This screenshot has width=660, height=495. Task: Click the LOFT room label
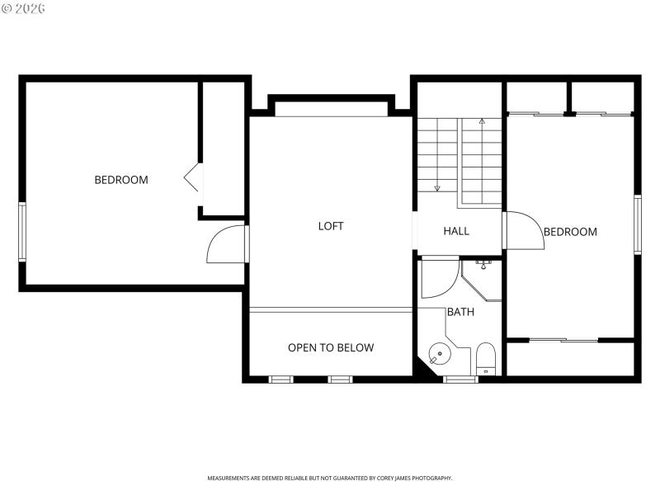[x=331, y=226]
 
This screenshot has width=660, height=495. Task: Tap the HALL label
[x=456, y=231]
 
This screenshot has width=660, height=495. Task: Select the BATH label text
[x=460, y=312]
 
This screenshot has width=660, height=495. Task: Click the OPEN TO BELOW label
[x=330, y=347]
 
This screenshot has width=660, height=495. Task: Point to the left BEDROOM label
[x=121, y=180]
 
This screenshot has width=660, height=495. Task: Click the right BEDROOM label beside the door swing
[x=570, y=232]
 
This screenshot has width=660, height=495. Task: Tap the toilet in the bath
[x=486, y=358]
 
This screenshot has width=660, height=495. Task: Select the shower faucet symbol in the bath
[x=483, y=264]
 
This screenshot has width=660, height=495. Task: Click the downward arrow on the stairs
[x=437, y=186]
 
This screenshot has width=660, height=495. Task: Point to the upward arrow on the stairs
[x=482, y=124]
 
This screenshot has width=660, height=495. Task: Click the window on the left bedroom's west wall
[x=22, y=232]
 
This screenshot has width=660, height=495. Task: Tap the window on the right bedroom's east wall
[x=637, y=224]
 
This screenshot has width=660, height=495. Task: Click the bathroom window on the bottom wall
[x=460, y=379]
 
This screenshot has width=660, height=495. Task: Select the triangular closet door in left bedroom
[x=192, y=177]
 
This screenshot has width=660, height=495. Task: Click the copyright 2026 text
[x=23, y=8]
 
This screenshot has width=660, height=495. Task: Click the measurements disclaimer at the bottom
[x=329, y=478]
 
